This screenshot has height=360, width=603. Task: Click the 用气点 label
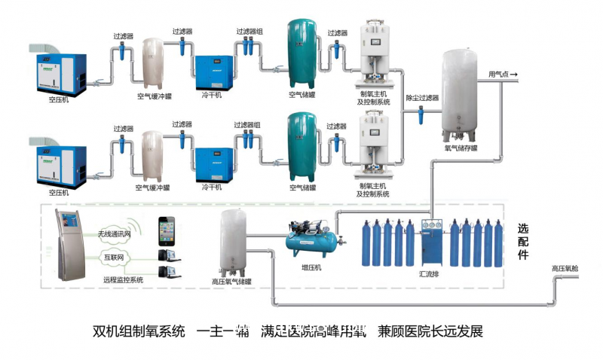click(498, 74)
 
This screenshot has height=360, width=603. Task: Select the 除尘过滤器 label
click(422, 98)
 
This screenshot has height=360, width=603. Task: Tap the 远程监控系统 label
click(123, 279)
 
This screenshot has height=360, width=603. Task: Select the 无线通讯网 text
click(112, 234)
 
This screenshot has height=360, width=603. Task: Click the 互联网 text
click(112, 258)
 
